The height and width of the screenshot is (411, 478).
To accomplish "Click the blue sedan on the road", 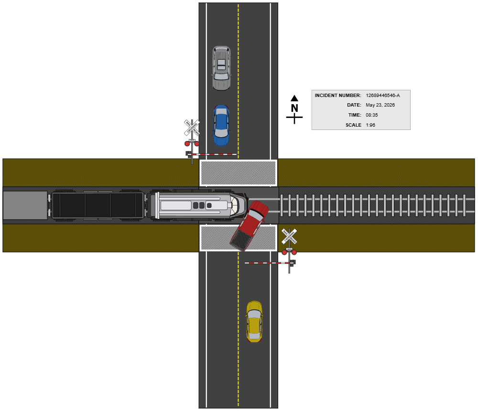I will coord(221,125).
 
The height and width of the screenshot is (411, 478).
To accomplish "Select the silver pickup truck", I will coord(221,68).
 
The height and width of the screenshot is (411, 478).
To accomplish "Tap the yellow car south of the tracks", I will coord(254,321).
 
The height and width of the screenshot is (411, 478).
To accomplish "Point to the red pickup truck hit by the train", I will coord(249,225).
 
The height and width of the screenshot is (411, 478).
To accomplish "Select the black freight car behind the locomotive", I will coord(98,205).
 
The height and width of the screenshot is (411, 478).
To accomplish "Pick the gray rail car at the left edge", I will coord(25,205).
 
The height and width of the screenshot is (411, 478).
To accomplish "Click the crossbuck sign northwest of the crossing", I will coord(192,128).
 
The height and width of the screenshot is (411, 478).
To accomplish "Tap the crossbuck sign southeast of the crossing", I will coord(289,236).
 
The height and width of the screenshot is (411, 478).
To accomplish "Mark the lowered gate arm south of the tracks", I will coord(268,263).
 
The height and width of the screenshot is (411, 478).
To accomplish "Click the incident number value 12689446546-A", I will coord(382,96).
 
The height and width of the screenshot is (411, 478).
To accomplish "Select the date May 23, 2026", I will coord(380,105).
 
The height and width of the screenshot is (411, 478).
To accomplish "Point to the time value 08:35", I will coord(372,115).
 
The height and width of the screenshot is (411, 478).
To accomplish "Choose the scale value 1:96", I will coord(370,125).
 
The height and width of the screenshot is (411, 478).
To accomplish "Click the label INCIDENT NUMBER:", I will coord(337,96).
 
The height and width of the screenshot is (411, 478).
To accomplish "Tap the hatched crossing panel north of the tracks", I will coord(238,173).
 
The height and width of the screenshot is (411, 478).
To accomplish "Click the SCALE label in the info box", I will coord(353,125).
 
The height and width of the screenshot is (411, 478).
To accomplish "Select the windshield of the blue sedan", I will coord(221,118).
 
